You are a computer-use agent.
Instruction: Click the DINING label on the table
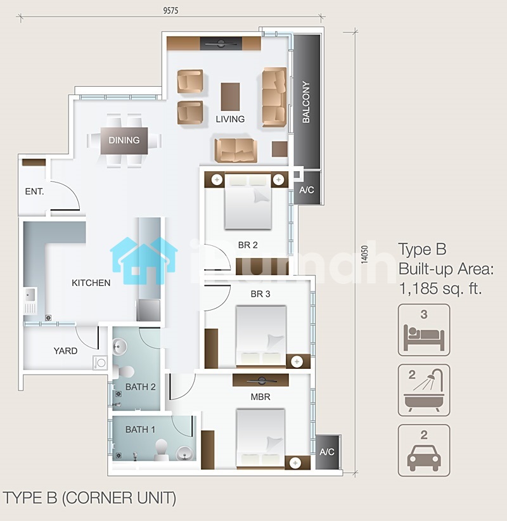click(124, 140)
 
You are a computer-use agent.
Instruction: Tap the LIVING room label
click(230, 119)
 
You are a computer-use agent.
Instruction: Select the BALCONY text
click(306, 102)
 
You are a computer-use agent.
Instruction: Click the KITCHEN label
click(91, 283)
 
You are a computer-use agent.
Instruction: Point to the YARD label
click(65, 351)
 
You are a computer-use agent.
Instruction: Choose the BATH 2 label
click(141, 387)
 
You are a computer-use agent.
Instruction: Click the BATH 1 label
click(140, 430)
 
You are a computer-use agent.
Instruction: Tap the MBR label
click(260, 397)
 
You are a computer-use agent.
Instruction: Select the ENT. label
click(35, 191)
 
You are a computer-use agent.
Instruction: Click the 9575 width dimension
click(170, 11)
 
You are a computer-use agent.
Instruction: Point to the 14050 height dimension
click(365, 255)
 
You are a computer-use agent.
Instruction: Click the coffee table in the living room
click(230, 96)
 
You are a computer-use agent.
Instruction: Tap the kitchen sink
click(30, 295)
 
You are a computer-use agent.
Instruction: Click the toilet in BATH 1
click(162, 450)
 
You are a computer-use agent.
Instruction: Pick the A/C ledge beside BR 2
click(307, 188)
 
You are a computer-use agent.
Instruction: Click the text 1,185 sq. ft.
click(440, 288)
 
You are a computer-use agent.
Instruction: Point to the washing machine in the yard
click(100, 363)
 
